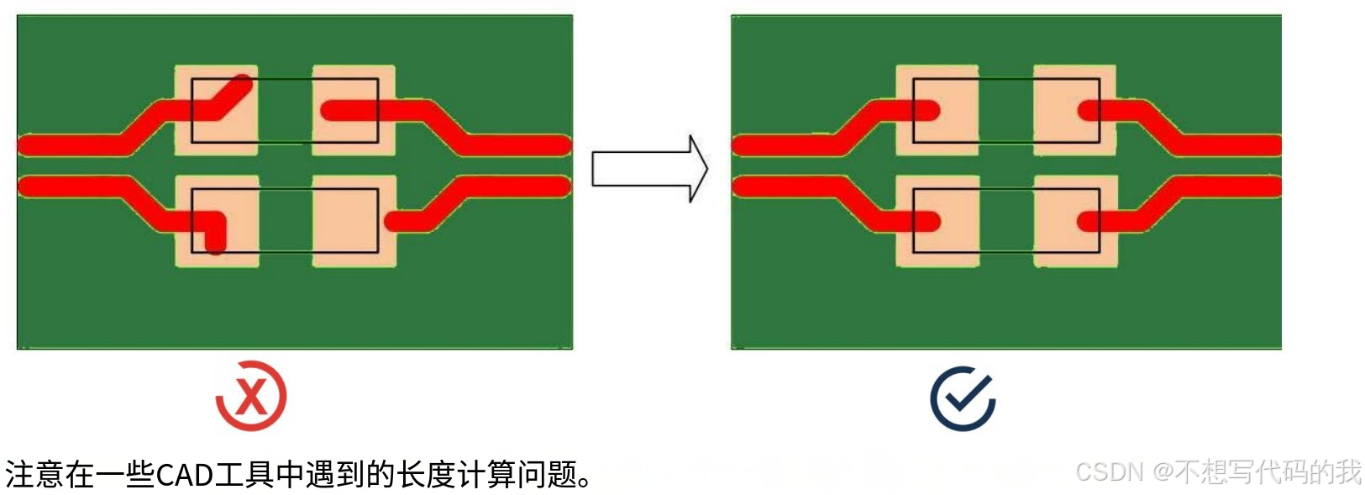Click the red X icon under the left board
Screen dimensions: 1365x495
[251, 396]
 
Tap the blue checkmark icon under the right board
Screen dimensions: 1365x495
[963, 398]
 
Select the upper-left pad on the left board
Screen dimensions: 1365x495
[216, 110]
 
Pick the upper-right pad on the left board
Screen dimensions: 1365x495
[354, 110]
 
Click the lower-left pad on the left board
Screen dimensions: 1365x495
[217, 222]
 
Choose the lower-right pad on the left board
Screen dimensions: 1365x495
[354, 222]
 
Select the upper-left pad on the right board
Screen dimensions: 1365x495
[937, 110]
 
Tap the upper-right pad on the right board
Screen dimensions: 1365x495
[1074, 110]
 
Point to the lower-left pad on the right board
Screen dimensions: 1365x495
[937, 222]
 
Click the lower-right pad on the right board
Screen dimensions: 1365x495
[1075, 222]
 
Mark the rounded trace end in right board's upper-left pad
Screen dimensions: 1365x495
[928, 110]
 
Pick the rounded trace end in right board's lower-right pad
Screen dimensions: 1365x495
[1089, 222]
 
